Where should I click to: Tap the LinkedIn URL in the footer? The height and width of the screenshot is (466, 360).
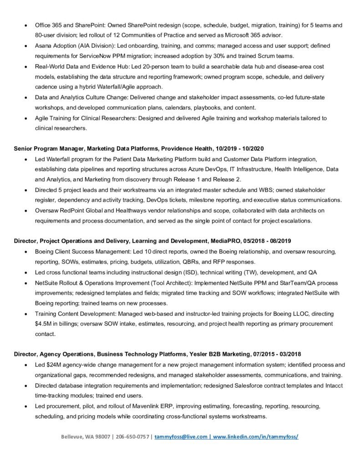(255, 436)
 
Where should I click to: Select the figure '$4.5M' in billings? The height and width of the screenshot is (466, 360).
(44, 324)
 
